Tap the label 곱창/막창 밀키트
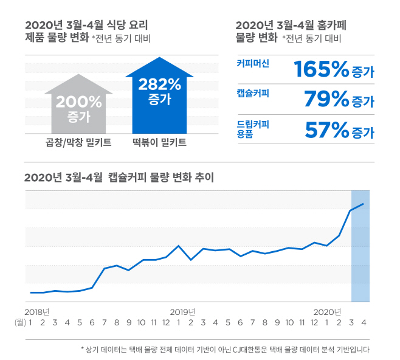coord(78,142)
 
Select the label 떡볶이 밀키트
coord(160,142)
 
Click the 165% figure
coord(322,69)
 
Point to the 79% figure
coord(326,99)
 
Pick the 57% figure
coord(327,130)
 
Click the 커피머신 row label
coord(253,63)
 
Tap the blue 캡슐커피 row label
coord(253,93)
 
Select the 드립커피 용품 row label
coord(253,129)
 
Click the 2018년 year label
coord(37,312)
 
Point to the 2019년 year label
coord(182,312)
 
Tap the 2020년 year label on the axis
coord(327,312)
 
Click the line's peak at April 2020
coord(363,204)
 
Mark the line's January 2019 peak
coord(178,246)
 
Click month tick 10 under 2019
coord(289,323)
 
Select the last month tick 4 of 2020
coord(364,323)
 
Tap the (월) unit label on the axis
coord(20,323)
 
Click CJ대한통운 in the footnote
coord(250,349)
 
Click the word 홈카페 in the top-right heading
coord(331,26)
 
